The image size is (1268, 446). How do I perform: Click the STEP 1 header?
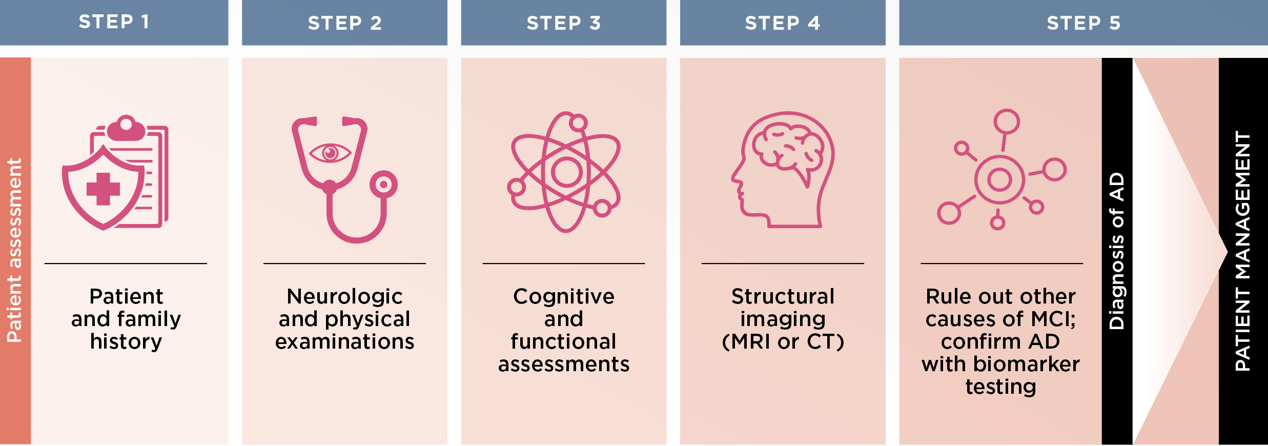coord(114,22)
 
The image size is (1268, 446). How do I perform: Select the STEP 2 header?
coord(344,23)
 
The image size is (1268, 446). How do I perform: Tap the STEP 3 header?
coord(563,23)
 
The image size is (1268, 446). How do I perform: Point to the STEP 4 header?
coord(782,23)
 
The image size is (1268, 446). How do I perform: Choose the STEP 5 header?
coord(1083,23)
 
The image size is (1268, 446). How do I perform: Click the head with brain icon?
coord(783,170)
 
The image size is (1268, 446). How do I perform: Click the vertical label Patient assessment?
coord(14,250)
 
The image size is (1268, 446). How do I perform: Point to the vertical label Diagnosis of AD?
coord(1117,251)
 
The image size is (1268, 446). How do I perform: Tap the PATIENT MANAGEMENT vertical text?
coord(1243,251)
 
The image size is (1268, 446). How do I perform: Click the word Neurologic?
coord(344,296)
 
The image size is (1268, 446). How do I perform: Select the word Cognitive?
coord(564,296)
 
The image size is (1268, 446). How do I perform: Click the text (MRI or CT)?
coord(783,341)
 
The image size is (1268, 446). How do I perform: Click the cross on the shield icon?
coord(103,189)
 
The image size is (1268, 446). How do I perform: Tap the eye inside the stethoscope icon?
coord(330,153)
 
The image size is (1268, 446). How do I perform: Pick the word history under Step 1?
coord(126,341)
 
